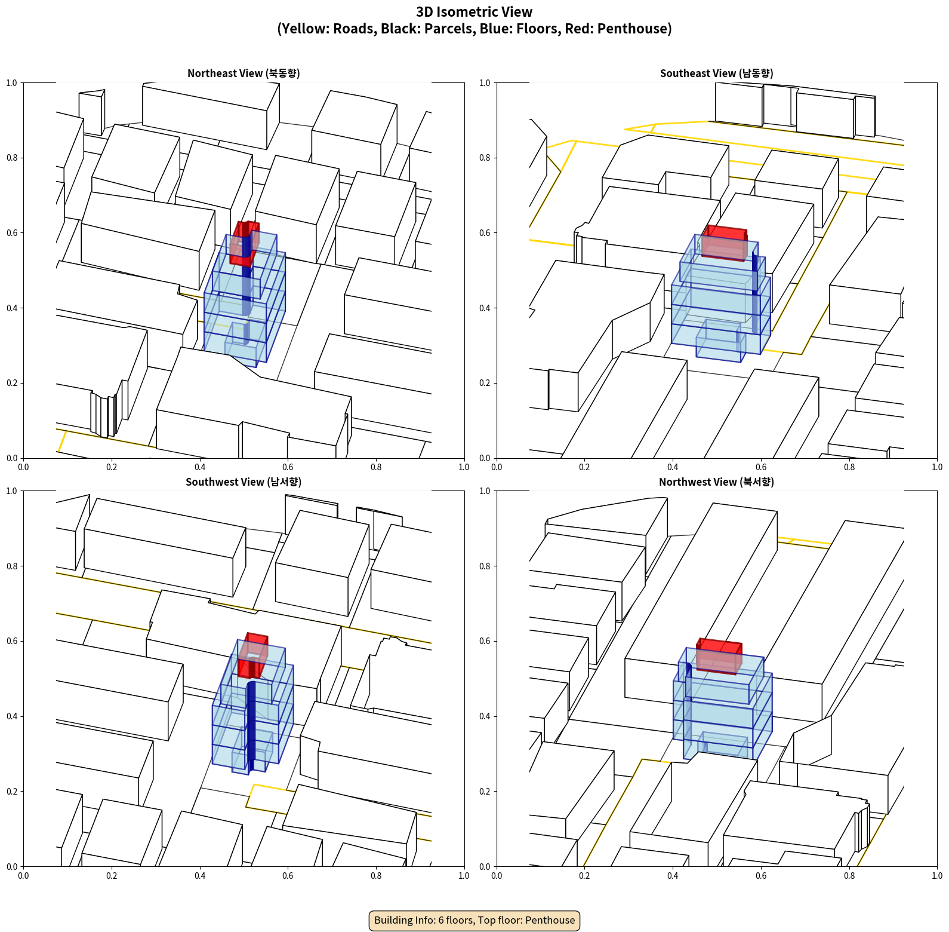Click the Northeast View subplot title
pyautogui.click(x=244, y=73)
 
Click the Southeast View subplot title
pyautogui.click(x=716, y=73)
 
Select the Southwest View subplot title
pyautogui.click(x=244, y=482)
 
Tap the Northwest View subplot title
pyautogui.click(x=716, y=482)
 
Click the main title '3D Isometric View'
pyautogui.click(x=474, y=12)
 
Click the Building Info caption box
pyautogui.click(x=474, y=920)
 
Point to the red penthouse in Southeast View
pyautogui.click(x=725, y=243)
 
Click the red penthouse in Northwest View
pyautogui.click(x=719, y=656)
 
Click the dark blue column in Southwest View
pyautogui.click(x=251, y=726)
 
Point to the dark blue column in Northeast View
pyautogui.click(x=246, y=281)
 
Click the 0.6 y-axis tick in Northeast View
pyautogui.click(x=12, y=233)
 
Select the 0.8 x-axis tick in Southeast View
pyautogui.click(x=849, y=467)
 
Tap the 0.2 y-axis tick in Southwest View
pyautogui.click(x=12, y=792)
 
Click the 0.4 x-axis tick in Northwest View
pyautogui.click(x=673, y=876)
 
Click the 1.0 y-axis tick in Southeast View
pyautogui.click(x=485, y=83)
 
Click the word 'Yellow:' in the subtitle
pyautogui.click(x=303, y=29)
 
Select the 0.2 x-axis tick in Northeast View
pyautogui.click(x=112, y=467)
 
